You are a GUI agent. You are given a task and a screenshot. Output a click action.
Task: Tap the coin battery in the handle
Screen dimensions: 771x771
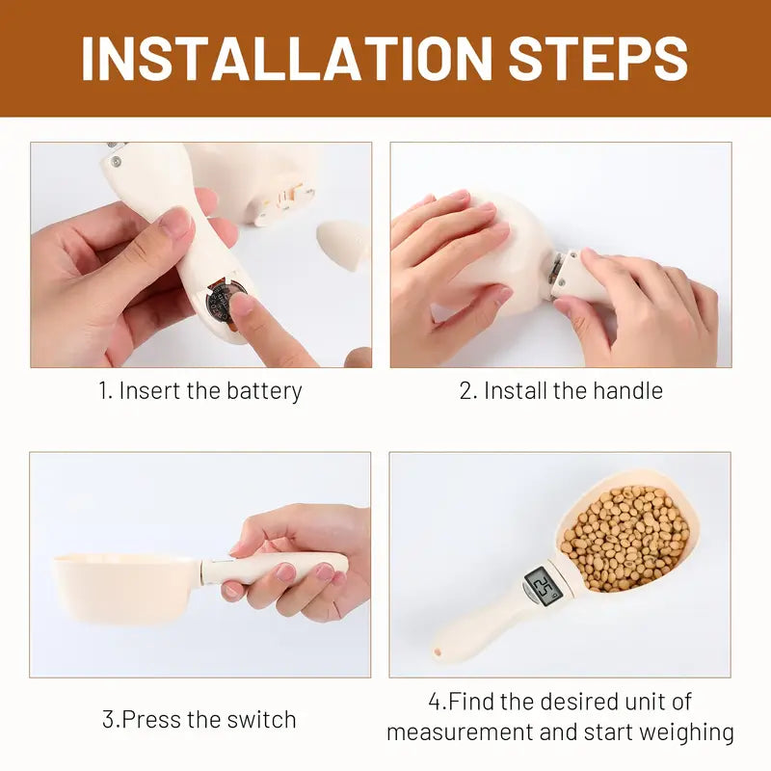224,300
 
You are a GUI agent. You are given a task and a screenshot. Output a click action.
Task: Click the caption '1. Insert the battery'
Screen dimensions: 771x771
200,390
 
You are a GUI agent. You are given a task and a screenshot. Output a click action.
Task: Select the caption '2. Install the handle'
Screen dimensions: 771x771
560,390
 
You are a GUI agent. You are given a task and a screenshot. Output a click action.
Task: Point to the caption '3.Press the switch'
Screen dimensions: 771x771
199,719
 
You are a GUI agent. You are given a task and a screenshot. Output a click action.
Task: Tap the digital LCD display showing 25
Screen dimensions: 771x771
543,585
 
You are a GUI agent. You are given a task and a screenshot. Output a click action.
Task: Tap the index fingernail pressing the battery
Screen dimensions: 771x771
242,306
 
